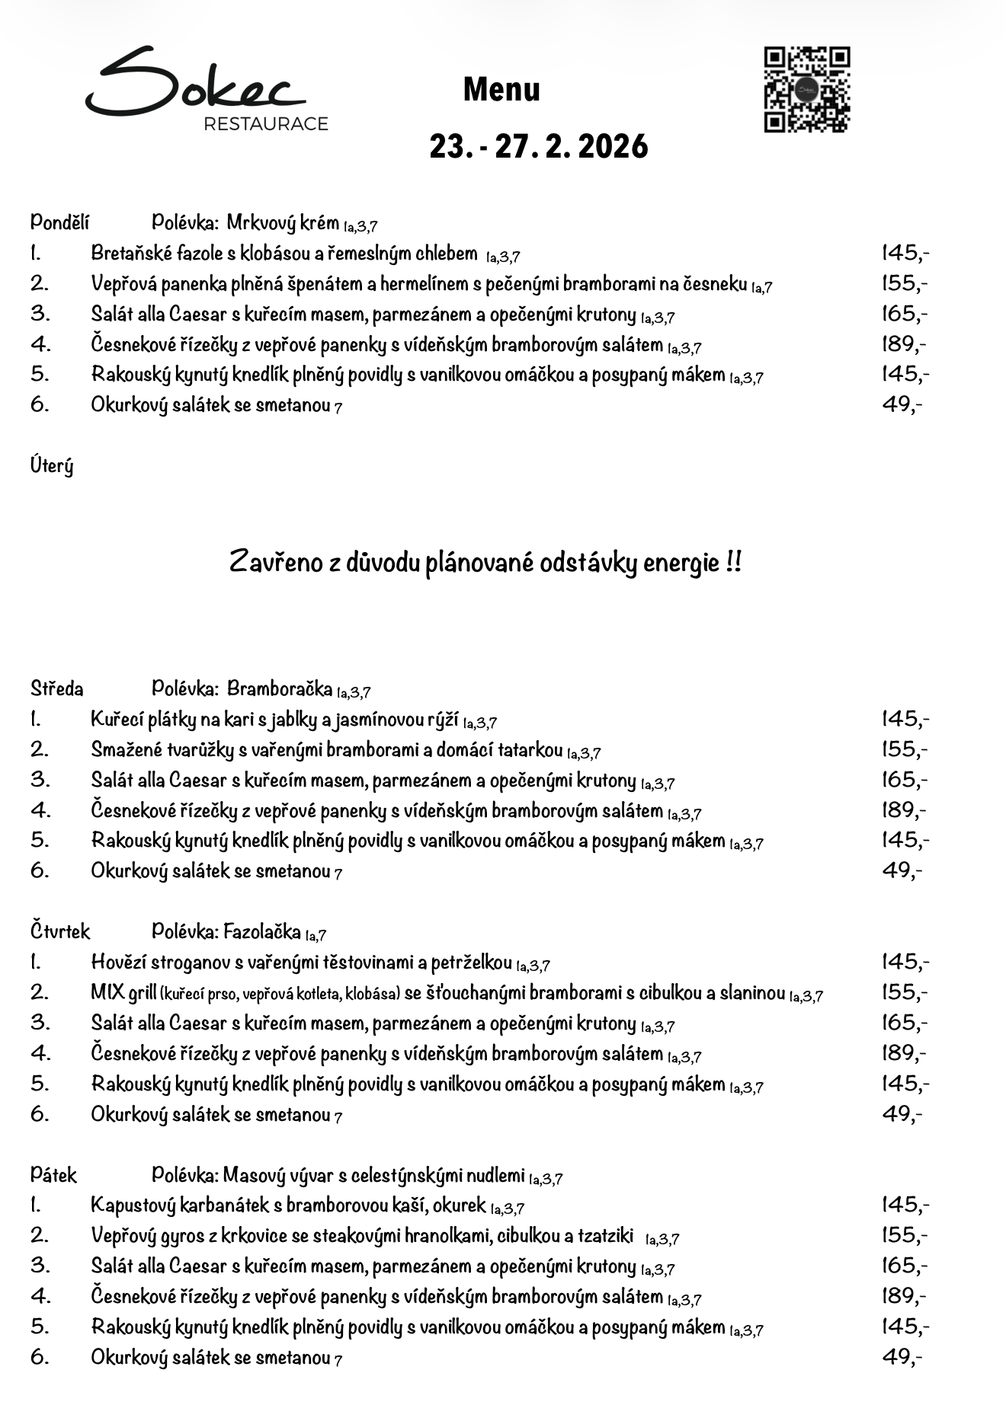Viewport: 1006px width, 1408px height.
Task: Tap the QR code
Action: (806, 90)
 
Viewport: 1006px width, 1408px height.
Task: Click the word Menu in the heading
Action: (501, 90)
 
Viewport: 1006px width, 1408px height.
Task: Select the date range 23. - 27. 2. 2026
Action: (538, 146)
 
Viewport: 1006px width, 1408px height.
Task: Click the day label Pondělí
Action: (59, 222)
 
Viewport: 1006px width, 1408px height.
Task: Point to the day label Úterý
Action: (52, 465)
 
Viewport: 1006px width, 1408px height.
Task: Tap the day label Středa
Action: (57, 689)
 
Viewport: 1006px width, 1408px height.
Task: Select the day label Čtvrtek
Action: (60, 931)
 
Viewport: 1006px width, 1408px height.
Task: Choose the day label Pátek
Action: (53, 1175)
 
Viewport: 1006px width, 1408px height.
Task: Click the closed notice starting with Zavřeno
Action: (485, 563)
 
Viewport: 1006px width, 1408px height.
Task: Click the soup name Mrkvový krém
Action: (283, 223)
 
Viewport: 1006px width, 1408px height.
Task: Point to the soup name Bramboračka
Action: (280, 689)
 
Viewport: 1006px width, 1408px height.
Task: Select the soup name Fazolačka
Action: (262, 931)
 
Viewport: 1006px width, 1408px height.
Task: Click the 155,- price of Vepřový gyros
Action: (905, 1235)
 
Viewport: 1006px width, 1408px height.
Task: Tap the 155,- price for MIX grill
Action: (905, 992)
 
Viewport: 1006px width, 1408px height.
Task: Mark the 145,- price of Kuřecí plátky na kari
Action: (905, 719)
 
